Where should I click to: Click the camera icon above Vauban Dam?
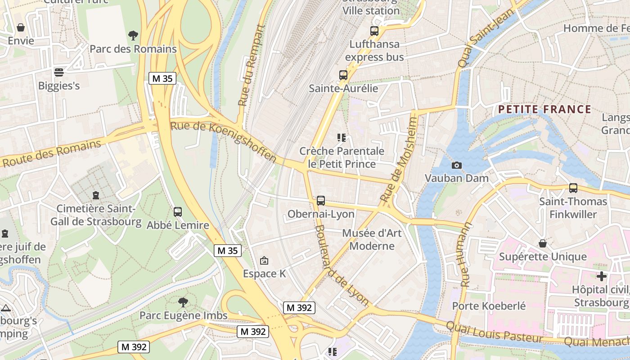point(457,166)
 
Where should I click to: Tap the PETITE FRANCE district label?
point(544,109)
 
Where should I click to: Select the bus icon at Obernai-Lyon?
point(321,201)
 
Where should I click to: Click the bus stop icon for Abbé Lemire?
point(178,211)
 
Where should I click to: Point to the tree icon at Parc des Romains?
point(133,35)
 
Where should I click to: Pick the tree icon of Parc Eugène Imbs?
point(183,302)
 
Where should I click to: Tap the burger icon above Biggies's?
point(59,72)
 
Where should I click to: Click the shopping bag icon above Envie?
point(21,27)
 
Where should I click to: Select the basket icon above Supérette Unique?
point(543,243)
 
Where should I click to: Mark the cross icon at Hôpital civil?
point(602,276)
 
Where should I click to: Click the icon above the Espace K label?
point(264,260)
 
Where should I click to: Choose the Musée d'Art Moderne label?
point(372,239)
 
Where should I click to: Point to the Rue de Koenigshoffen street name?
point(223,141)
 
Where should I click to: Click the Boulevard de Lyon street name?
point(342,265)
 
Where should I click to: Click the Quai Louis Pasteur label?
point(494,331)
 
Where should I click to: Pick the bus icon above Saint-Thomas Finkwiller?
point(573,188)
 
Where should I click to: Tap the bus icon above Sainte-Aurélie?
point(343,75)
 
